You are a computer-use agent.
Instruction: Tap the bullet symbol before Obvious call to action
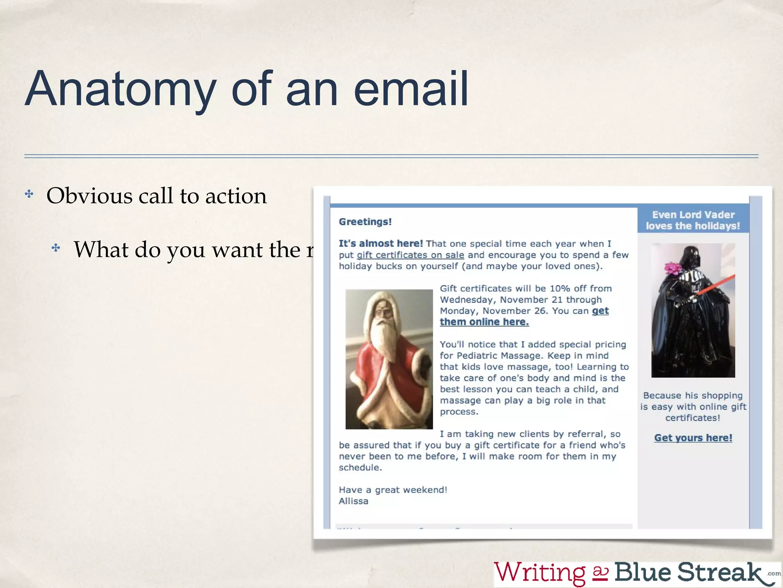pos(29,194)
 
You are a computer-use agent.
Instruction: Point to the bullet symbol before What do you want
pos(56,248)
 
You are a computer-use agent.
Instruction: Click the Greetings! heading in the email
pos(365,222)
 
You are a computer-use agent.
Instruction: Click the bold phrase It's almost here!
pos(381,243)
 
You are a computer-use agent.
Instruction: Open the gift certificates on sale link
pos(410,255)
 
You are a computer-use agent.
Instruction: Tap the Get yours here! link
pos(693,438)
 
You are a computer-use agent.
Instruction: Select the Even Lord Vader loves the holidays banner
pos(693,220)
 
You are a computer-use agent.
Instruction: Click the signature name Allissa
pos(354,501)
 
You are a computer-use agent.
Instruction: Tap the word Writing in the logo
pos(539,572)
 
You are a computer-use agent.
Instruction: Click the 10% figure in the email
pos(560,289)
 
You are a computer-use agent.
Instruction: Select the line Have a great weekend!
pos(393,490)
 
